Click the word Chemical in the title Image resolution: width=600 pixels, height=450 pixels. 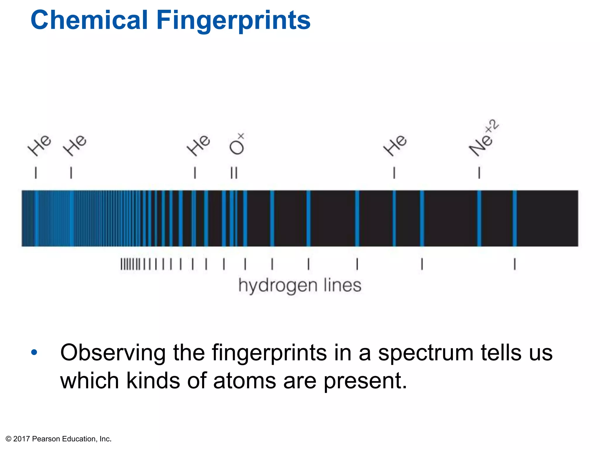(x=89, y=20)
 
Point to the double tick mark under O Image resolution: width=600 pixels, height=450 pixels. (x=234, y=173)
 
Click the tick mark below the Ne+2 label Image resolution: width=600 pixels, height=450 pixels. (x=479, y=173)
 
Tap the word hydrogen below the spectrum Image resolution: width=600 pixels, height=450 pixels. (x=278, y=286)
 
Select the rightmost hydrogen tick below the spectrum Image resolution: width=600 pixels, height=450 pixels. (x=515, y=264)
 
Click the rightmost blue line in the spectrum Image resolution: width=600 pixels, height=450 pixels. (x=515, y=218)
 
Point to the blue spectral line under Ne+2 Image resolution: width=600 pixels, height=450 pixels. (x=479, y=218)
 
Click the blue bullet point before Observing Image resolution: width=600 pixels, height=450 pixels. (x=34, y=352)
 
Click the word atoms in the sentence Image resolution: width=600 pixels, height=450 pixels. (x=245, y=381)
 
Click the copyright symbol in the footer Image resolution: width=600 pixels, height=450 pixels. (x=8, y=439)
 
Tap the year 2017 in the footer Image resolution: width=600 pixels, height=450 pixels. (x=21, y=439)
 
